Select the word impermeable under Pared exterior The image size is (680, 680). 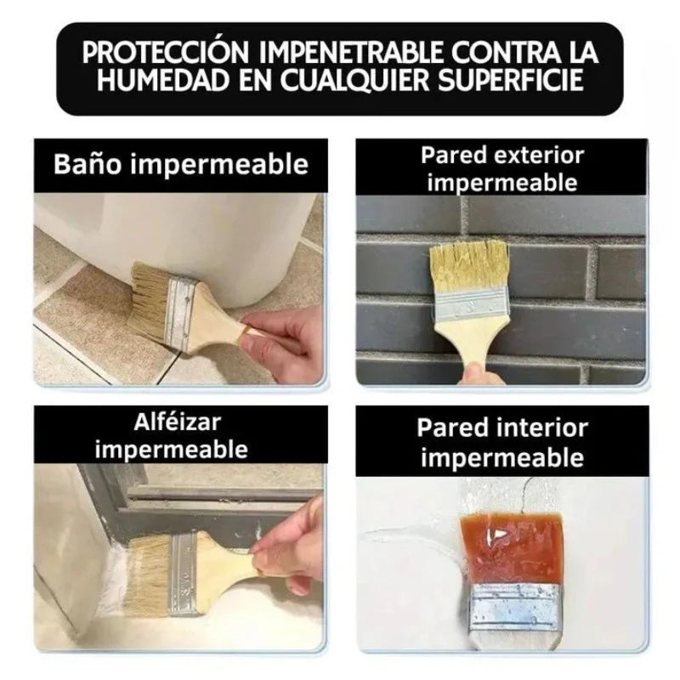[502, 182]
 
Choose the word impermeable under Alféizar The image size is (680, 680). [171, 449]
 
